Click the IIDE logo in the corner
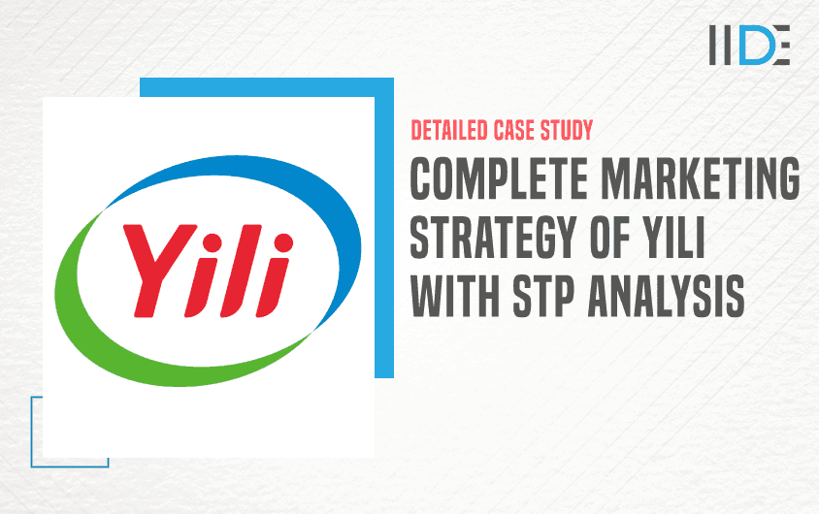tap(749, 45)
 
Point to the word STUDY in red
tap(567, 130)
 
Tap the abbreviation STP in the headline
tap(543, 296)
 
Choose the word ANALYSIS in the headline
tap(667, 296)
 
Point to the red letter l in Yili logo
tap(239, 271)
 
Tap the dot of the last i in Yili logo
tap(283, 242)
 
